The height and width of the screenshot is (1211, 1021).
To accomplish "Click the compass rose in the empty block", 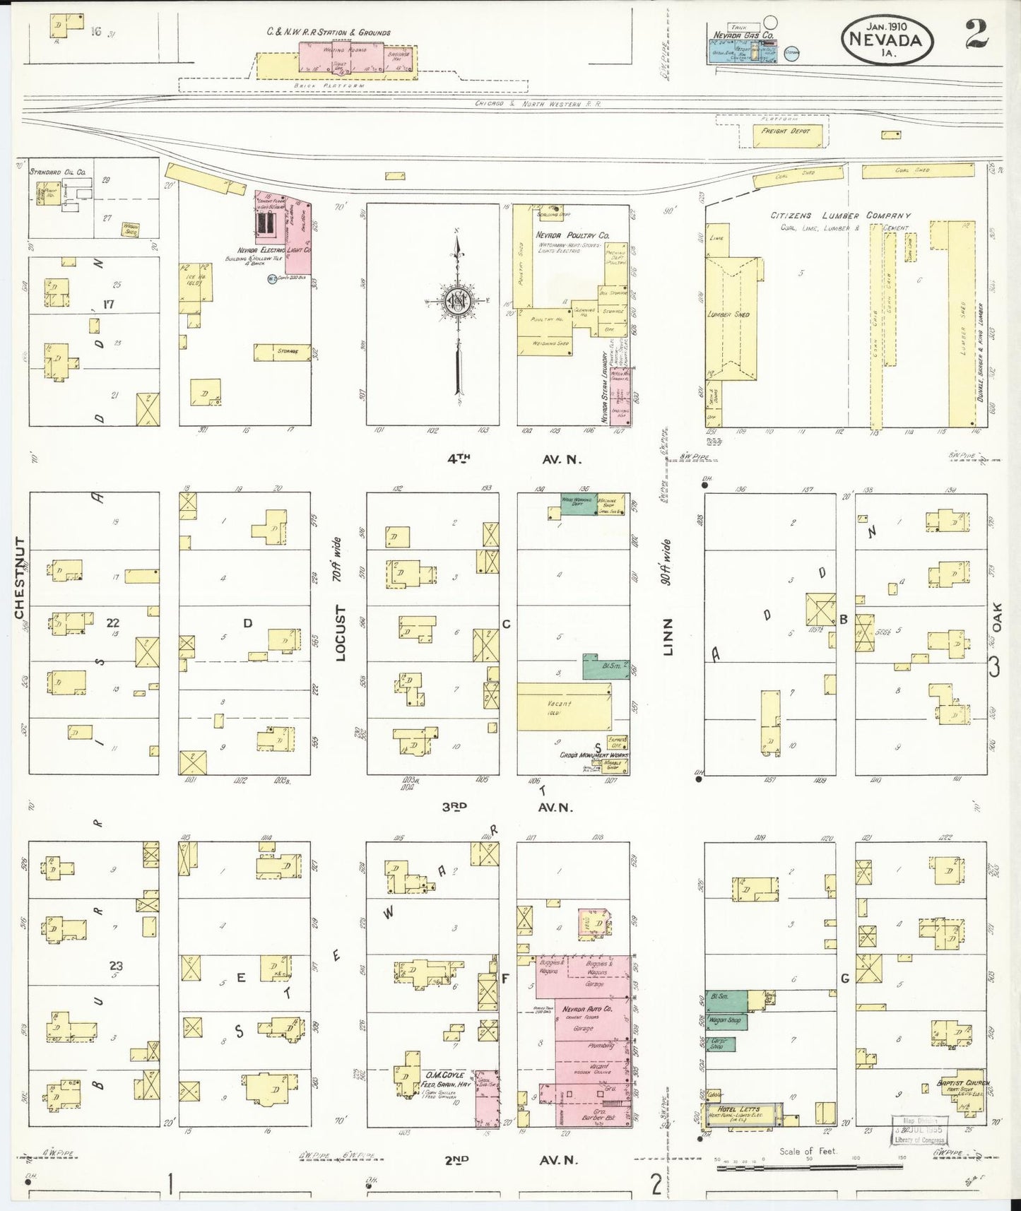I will pyautogui.click(x=458, y=304).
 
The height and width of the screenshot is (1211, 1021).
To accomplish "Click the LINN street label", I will pyautogui.click(x=668, y=636).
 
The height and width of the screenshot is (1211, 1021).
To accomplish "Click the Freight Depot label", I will pyautogui.click(x=785, y=131).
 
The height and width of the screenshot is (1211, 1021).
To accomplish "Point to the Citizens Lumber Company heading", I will pyautogui.click(x=840, y=215).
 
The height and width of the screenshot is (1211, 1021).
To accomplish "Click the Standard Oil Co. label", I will pyautogui.click(x=57, y=172).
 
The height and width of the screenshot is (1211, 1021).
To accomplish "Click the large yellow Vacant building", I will pyautogui.click(x=563, y=706).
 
